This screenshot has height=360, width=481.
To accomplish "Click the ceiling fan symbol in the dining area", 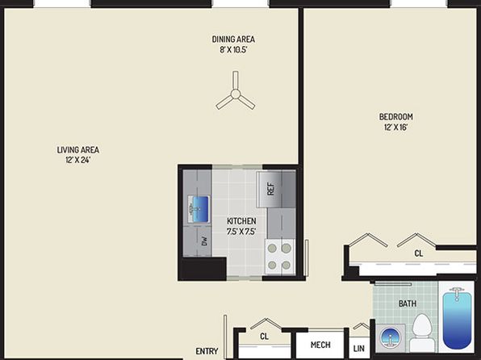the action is (x=236, y=94).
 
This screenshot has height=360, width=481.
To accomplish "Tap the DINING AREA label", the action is (x=233, y=40).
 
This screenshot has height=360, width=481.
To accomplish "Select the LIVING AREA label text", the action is (x=78, y=150).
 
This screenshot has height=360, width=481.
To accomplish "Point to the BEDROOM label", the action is (x=396, y=117).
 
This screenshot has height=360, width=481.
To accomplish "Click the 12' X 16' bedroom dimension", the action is (x=396, y=127).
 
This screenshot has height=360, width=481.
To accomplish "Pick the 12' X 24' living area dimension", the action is (x=78, y=160).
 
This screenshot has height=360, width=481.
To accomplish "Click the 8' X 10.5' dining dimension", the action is (x=233, y=49).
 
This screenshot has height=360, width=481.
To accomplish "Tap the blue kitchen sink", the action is (x=199, y=209).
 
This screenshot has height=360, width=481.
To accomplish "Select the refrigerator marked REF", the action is (x=276, y=190).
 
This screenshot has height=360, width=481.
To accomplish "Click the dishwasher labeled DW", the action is (x=205, y=241).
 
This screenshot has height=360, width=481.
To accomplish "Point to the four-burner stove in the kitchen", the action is (x=280, y=257).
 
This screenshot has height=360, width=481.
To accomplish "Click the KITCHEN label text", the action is (x=241, y=221).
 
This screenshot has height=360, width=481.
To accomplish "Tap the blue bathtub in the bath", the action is (x=457, y=320).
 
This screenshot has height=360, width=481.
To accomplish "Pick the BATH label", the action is (x=408, y=303).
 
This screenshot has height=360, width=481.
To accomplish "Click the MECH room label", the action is (x=320, y=345).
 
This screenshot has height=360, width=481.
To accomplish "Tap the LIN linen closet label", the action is (x=359, y=349).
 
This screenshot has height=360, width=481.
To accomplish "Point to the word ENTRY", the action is (x=207, y=351).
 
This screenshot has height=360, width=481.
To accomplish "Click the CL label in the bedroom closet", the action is (x=419, y=253).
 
